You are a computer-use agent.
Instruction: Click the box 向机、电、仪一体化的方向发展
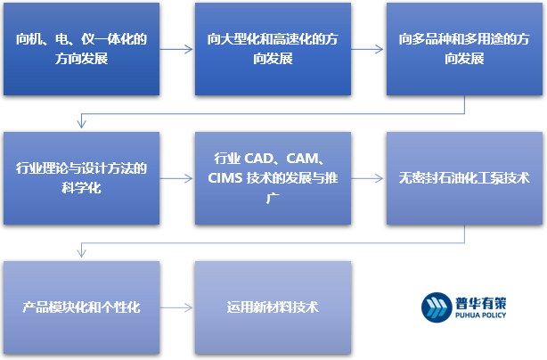pyautogui.click(x=81, y=49)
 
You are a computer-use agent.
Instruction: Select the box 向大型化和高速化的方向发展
pyautogui.click(x=273, y=49)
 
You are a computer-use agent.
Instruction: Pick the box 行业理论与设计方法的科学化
pyautogui.click(x=81, y=177)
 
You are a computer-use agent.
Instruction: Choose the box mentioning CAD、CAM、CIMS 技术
pyautogui.click(x=273, y=177)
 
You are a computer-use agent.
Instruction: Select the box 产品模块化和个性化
pyautogui.click(x=81, y=307)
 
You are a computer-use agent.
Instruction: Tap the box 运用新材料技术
pyautogui.click(x=273, y=307)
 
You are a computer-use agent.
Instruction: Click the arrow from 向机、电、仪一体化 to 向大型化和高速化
pyautogui.click(x=177, y=50)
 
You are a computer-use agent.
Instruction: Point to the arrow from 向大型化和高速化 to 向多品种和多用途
pyautogui.click(x=368, y=50)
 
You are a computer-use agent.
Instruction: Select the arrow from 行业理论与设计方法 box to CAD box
pyautogui.click(x=177, y=178)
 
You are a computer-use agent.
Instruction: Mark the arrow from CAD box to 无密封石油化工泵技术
pyautogui.click(x=368, y=178)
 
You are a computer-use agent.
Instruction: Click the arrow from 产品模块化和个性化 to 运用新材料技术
pyautogui.click(x=177, y=307)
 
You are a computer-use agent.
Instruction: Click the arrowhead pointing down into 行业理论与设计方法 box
pyautogui.click(x=81, y=127)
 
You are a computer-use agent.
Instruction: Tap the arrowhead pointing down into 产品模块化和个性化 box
pyautogui.click(x=81, y=256)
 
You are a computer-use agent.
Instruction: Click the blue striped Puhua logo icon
pyautogui.click(x=436, y=306)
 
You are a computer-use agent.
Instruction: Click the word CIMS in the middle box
pyautogui.click(x=225, y=178)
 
